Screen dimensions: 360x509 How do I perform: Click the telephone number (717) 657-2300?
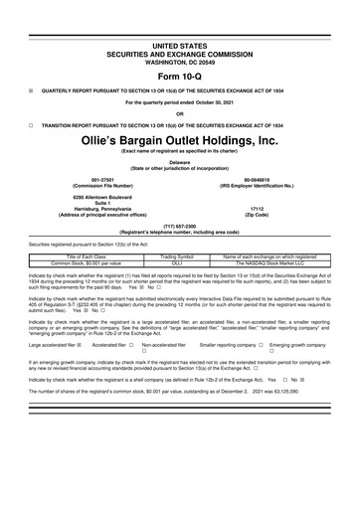click(180, 226)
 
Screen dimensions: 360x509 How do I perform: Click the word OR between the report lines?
click(179, 112)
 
